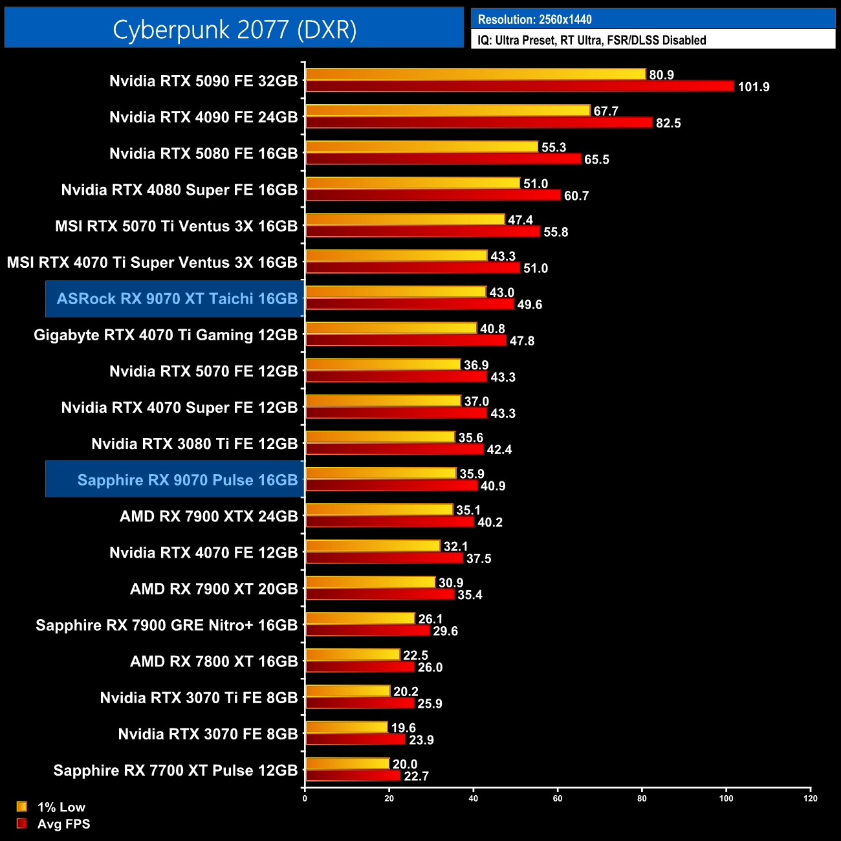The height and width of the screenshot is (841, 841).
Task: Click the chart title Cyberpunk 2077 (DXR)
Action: coord(234,30)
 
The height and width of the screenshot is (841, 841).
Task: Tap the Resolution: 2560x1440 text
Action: coord(534,19)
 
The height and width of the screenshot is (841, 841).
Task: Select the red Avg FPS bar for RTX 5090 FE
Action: coord(519,87)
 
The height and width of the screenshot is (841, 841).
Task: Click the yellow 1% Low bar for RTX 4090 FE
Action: coord(448,111)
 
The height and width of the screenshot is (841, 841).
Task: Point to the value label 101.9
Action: coord(754,87)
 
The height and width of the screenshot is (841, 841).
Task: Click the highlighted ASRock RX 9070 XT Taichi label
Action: coord(177,299)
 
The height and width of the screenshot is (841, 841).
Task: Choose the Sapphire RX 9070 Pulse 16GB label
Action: coord(187,480)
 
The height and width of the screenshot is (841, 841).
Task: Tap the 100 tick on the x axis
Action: coord(726,798)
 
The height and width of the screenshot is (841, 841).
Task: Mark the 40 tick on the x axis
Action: coord(474,798)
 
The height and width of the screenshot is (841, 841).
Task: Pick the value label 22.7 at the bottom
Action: coord(416,776)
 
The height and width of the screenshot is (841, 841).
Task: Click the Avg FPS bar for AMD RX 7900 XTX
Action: coord(389,522)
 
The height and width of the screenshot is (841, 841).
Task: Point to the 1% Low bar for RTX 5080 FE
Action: coord(421,147)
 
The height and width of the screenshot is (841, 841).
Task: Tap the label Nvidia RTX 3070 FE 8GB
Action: coord(208,734)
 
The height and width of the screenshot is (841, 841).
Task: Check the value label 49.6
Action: coord(530,305)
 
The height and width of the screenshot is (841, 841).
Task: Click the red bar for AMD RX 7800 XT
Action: coord(360,667)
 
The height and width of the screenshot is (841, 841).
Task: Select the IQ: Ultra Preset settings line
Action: coord(591,40)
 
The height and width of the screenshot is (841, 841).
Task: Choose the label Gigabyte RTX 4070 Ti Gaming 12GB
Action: coord(166,335)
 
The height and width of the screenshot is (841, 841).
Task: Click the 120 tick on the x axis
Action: coord(811,798)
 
